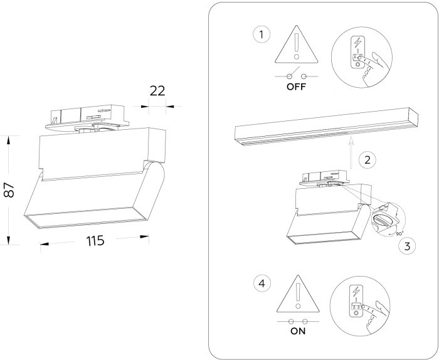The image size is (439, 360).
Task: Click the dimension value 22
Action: pyautogui.click(x=157, y=90)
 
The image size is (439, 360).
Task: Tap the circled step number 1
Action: pyautogui.click(x=262, y=34)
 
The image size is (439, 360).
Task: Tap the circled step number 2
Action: pyautogui.click(x=370, y=159)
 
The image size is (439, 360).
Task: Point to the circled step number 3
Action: pyautogui.click(x=408, y=246)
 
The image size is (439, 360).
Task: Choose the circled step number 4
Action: pyautogui.click(x=262, y=282)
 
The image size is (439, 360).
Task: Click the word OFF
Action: pyautogui.click(x=296, y=87)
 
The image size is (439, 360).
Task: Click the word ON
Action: pyautogui.click(x=298, y=332)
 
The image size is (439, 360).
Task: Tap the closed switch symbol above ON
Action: pyautogui.click(x=298, y=320)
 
